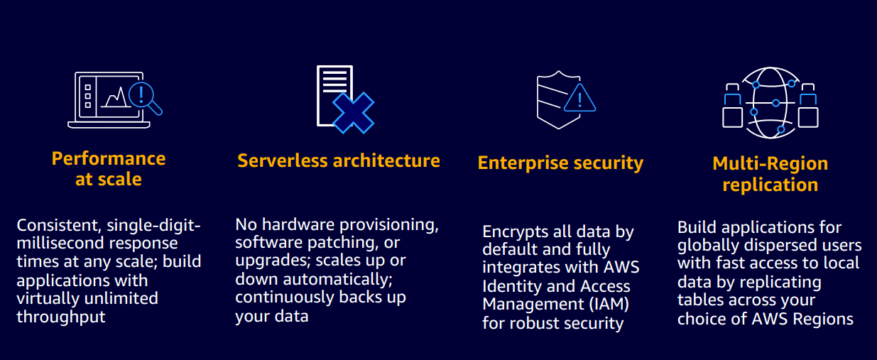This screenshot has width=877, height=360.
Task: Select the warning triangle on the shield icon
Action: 579,99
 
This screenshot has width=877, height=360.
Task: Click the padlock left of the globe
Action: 732,108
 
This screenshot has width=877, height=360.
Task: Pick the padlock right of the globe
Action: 807,108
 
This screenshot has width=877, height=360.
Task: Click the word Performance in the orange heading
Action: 109,158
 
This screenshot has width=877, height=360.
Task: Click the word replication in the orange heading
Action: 770,185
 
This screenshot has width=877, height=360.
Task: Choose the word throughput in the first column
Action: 61,317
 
